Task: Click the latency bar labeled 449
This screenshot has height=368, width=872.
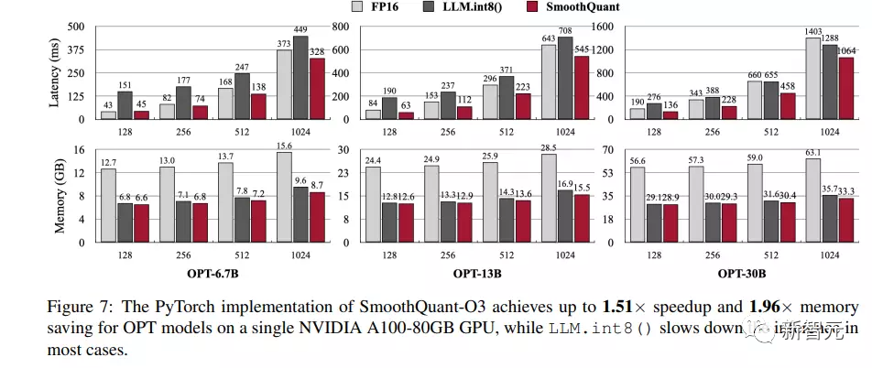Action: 300,77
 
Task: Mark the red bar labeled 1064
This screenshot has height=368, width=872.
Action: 847,88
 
